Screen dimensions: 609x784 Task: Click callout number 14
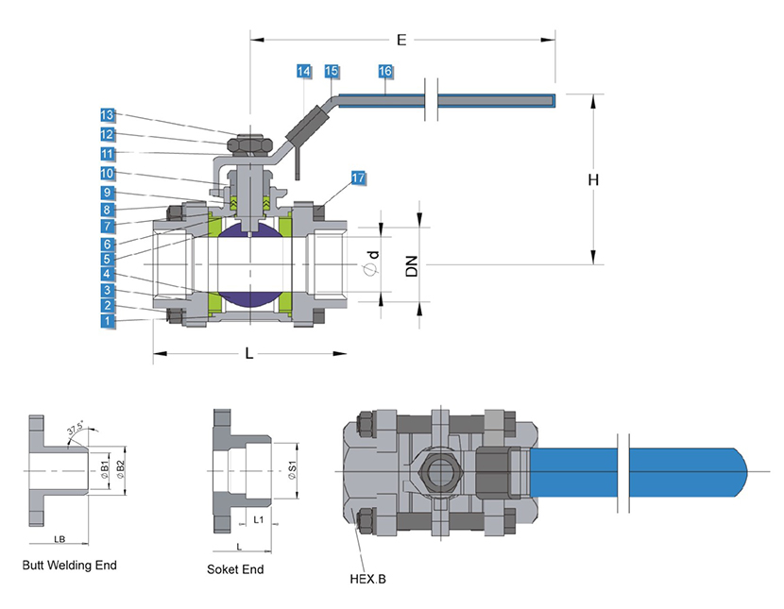coord(303,72)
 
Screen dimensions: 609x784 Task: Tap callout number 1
coord(109,321)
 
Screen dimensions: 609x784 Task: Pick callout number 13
coord(109,115)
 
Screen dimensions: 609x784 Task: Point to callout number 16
coord(384,72)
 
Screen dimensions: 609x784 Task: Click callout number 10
coord(109,174)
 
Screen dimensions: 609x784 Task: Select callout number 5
coord(109,258)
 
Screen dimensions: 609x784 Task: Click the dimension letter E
coord(401,40)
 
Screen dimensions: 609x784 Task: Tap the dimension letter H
coord(593,179)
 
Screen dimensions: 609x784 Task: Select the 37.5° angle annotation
coord(76,431)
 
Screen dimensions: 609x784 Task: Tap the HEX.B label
coord(368,577)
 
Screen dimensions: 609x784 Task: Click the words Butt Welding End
coord(69,566)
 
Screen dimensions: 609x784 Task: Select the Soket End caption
coord(234,569)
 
